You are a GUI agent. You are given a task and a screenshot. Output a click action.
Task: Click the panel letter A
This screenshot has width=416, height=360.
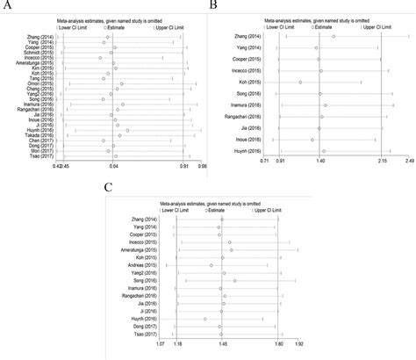tap(6, 6)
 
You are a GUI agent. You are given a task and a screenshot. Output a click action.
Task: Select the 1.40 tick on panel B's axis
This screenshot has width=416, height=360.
tap(321, 162)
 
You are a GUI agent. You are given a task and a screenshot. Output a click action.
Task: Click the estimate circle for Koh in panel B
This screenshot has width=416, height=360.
tap(301, 83)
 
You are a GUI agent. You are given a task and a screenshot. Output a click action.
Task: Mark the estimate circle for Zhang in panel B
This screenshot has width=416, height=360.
tap(334, 37)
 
